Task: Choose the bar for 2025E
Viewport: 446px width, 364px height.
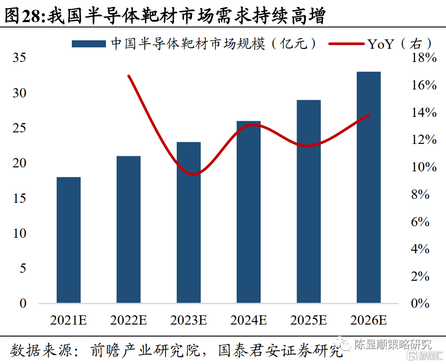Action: pyautogui.click(x=309, y=201)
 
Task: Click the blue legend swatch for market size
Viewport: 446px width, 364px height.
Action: pyautogui.click(x=89, y=43)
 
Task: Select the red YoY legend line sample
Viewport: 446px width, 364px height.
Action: pyautogui.click(x=346, y=43)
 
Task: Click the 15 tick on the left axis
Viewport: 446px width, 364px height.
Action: pyautogui.click(x=20, y=198)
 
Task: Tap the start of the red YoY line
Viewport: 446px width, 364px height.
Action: pyautogui.click(x=129, y=76)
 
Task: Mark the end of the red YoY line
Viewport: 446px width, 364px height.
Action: pyautogui.click(x=369, y=115)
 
